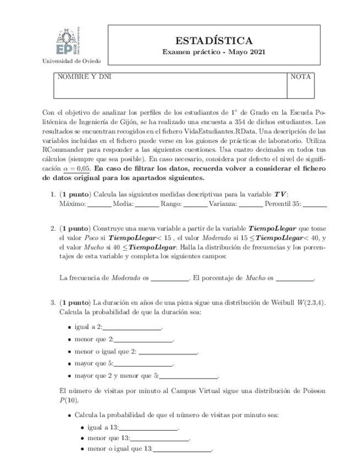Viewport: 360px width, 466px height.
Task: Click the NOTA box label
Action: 301,77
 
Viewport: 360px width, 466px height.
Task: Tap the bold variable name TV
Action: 280,194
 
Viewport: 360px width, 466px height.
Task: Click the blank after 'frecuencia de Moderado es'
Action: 170,278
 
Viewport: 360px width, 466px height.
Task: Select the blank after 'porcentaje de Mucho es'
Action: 294,278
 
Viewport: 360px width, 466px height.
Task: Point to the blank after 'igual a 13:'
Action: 149,426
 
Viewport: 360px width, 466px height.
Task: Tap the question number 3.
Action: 52,302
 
